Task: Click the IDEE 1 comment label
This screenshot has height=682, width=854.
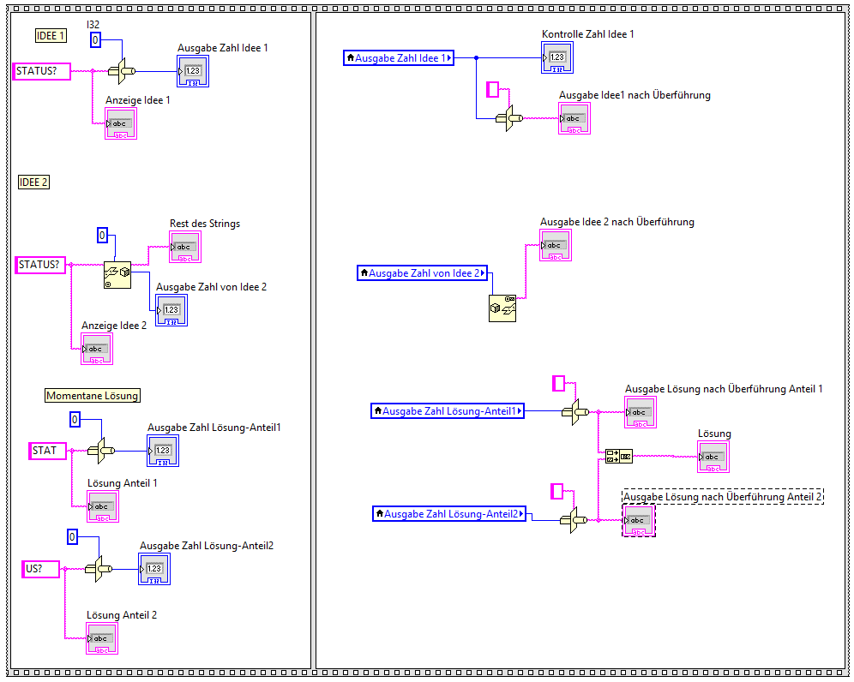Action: [x=50, y=36]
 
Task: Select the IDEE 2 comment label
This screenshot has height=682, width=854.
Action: [x=34, y=182]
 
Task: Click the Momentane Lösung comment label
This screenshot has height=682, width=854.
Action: [x=92, y=396]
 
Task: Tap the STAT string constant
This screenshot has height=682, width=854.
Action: [x=48, y=451]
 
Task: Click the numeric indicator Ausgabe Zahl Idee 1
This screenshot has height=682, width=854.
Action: [x=193, y=71]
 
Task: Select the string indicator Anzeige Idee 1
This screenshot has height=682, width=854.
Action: [x=121, y=123]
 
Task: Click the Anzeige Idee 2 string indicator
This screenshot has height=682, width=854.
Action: [x=97, y=349]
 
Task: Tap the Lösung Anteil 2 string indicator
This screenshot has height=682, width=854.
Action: [x=102, y=638]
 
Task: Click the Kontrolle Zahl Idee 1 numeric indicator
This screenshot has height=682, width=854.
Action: [x=557, y=57]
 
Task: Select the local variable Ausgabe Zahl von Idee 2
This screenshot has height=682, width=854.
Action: [x=422, y=273]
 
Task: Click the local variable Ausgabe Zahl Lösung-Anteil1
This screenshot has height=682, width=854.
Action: [x=448, y=411]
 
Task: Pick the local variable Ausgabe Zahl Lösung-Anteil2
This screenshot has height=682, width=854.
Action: [x=449, y=514]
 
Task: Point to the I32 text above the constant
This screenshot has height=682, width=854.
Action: [x=95, y=23]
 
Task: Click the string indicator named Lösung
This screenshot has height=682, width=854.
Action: [x=713, y=457]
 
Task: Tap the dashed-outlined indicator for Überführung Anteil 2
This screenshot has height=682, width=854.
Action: [x=639, y=521]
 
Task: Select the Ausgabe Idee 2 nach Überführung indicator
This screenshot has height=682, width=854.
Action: [x=556, y=246]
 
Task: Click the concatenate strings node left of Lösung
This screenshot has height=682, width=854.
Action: [x=618, y=456]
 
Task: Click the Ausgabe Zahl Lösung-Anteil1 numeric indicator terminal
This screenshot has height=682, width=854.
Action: [x=163, y=451]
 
